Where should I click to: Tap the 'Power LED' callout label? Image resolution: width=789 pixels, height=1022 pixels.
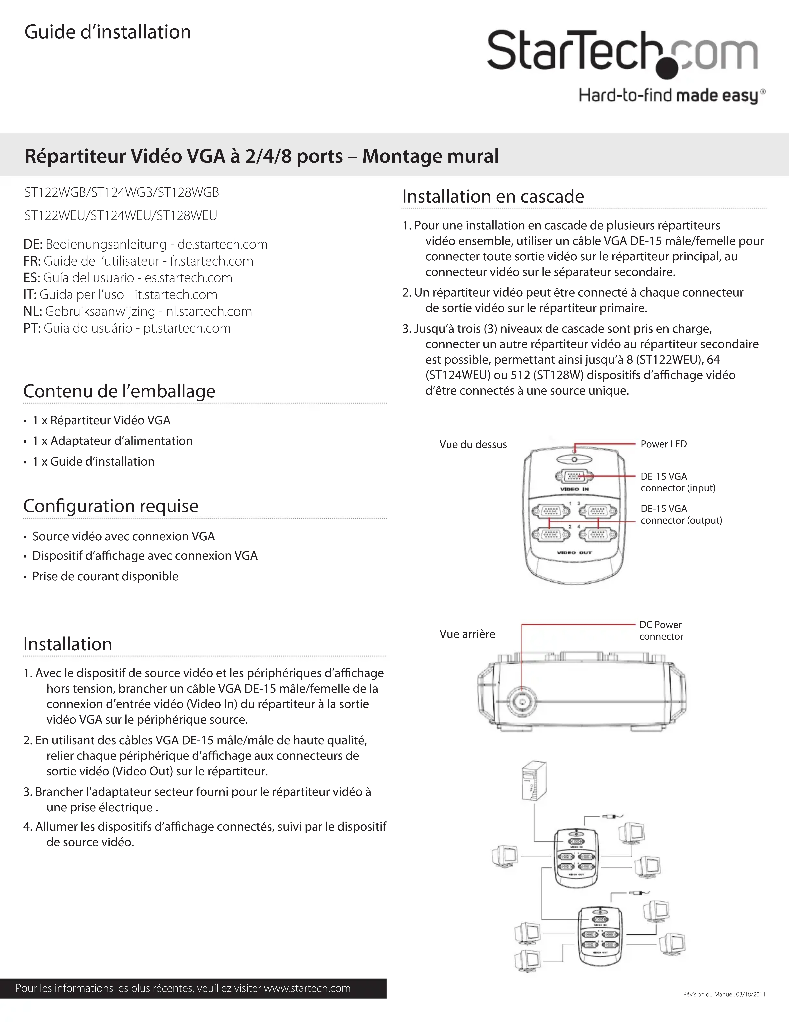click(663, 444)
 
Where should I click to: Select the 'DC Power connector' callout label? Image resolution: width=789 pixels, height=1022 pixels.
click(661, 630)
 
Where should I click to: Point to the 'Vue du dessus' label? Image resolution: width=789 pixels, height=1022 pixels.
click(473, 445)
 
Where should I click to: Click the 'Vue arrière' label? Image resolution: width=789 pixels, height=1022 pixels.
click(467, 634)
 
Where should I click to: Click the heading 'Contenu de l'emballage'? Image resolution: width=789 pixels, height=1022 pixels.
click(119, 391)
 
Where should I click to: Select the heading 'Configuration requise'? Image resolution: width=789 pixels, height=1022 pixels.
click(111, 506)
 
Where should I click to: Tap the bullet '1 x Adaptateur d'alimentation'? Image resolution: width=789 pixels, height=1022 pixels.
click(112, 441)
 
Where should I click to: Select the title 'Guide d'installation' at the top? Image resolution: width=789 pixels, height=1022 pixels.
click(108, 32)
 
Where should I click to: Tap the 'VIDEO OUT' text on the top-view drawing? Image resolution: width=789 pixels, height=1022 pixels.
click(574, 553)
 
